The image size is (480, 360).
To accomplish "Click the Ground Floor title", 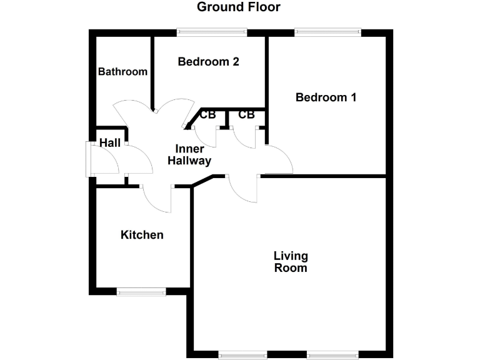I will tap(239, 7).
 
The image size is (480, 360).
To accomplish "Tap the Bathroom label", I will tap(122, 72).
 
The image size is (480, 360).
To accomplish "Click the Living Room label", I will tap(291, 262).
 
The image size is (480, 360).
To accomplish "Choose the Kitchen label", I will tap(142, 235).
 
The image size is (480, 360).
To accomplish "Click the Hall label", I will tap(109, 144).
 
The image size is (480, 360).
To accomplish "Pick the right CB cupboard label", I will tap(246, 115).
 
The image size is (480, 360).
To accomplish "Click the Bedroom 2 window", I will tap(211, 32).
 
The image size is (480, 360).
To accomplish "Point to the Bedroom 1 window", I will tap(329, 32).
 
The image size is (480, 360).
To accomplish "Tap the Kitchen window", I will tap(142, 290).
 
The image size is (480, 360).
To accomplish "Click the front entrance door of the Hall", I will tap(89, 159).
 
